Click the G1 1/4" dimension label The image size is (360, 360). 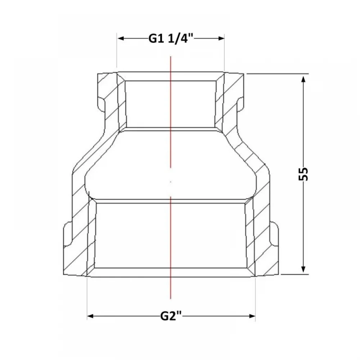(x=171, y=39)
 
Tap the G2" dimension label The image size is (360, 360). (x=171, y=316)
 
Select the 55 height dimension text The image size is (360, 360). (x=303, y=174)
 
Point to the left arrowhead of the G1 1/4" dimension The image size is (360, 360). (x=121, y=39)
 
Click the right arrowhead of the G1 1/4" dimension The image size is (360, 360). (x=221, y=39)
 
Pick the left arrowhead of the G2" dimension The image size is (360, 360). (x=90, y=316)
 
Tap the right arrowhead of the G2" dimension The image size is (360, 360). (x=252, y=316)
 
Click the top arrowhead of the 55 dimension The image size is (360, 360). (x=303, y=79)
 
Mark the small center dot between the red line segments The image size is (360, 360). (x=171, y=182)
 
